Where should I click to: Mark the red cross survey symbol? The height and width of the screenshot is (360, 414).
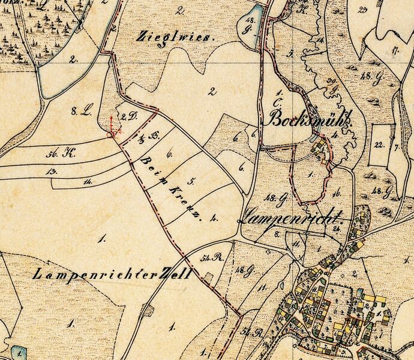[x=112, y=128]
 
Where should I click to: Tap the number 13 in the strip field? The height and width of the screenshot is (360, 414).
[x=52, y=171]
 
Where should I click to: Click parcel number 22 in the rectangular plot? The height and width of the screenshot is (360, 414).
[x=378, y=145]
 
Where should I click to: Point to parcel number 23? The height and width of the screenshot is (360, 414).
[x=361, y=10]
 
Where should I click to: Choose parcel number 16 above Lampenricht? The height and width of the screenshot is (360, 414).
[x=337, y=193]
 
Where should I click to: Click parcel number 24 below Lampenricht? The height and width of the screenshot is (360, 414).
[x=337, y=229]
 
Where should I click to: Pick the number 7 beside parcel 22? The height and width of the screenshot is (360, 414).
[x=397, y=146]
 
